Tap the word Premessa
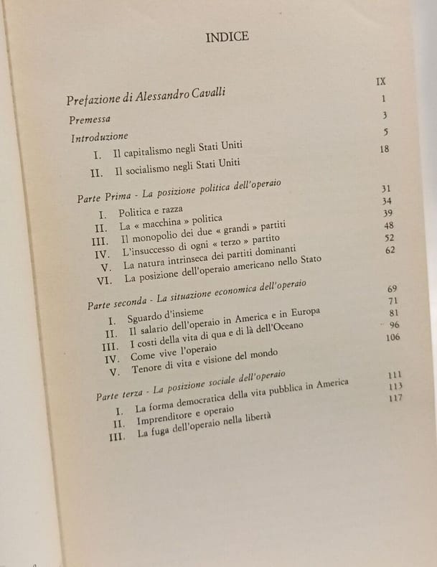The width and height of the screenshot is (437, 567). (x=89, y=118)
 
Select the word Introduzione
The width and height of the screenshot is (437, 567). (x=99, y=136)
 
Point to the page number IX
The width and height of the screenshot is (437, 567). (x=381, y=81)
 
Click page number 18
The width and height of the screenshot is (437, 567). (x=384, y=149)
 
